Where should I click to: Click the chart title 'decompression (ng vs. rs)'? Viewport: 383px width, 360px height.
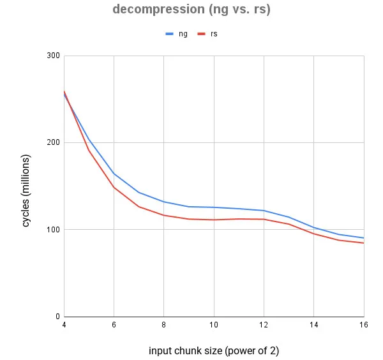[191, 10]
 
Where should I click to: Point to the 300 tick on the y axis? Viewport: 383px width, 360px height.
[53, 56]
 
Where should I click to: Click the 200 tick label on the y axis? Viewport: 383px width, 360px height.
[53, 142]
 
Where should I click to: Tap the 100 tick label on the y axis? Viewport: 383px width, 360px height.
[53, 230]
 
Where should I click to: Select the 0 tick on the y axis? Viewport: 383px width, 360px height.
[57, 317]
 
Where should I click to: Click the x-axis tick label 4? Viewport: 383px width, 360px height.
[64, 326]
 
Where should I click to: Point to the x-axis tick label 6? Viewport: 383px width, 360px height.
[114, 326]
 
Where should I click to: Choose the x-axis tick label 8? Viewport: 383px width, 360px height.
[163, 326]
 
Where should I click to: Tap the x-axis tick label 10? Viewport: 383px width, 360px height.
[214, 326]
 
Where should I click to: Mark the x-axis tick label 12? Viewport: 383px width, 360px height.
[264, 326]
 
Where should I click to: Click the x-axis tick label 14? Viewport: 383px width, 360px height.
[313, 326]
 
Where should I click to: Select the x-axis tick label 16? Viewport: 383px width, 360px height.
[363, 326]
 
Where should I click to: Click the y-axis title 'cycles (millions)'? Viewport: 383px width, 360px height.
[27, 190]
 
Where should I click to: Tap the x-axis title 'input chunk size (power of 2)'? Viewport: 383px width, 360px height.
[214, 351]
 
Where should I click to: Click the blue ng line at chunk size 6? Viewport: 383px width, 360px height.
[114, 174]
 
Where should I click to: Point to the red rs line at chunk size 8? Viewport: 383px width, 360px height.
[163, 215]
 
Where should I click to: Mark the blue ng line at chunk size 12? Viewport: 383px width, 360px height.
[264, 211]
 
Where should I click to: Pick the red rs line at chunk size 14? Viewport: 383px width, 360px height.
[313, 234]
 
